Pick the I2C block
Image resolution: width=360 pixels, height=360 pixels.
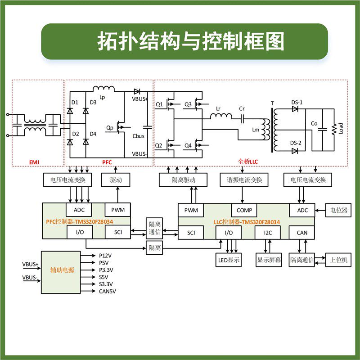(268, 233)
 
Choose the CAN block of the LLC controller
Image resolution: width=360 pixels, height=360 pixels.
(301, 233)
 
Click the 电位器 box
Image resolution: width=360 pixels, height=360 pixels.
(339, 210)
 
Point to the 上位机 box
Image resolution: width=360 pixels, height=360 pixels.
(339, 260)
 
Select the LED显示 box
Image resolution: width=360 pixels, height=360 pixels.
(229, 260)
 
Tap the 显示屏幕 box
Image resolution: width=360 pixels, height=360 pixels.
(269, 260)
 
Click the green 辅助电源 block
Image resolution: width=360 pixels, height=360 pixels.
(63, 270)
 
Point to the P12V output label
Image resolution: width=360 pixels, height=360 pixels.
(106, 255)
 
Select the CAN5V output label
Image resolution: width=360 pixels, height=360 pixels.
(108, 291)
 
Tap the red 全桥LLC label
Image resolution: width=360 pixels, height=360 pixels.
(247, 161)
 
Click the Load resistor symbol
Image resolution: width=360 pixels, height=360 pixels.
(334, 129)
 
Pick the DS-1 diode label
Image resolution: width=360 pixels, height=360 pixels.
(297, 103)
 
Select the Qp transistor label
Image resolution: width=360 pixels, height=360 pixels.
(110, 128)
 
